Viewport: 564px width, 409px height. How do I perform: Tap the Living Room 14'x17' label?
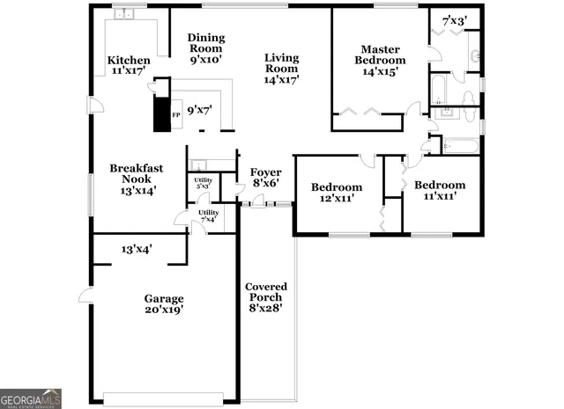(x=282, y=69)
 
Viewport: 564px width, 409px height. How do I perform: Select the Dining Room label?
(x=206, y=49)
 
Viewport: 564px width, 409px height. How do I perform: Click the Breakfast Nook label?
(x=130, y=179)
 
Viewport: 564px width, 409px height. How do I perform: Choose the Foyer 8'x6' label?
(x=265, y=178)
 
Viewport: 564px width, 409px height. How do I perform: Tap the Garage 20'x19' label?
(x=164, y=303)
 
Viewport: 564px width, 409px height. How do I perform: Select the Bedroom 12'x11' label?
(x=337, y=193)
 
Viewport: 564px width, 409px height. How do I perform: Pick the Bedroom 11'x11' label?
(x=439, y=191)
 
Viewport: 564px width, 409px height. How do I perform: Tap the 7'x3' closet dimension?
(x=455, y=19)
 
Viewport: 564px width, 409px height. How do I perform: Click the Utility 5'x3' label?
(x=202, y=183)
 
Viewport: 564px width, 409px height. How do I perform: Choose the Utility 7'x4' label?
(x=209, y=215)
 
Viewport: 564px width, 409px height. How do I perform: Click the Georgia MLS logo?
(x=31, y=398)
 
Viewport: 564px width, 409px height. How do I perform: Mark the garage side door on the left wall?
(x=85, y=296)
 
